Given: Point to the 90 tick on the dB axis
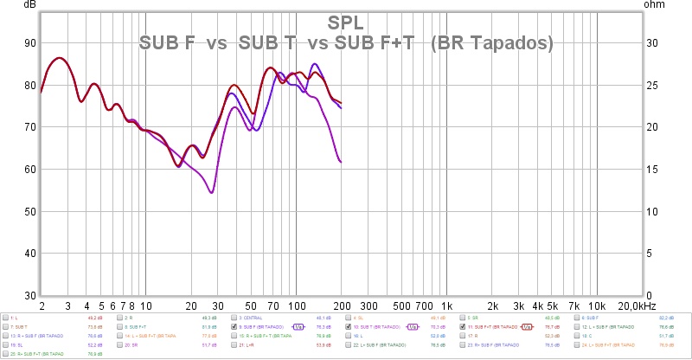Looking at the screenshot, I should tap(29, 43).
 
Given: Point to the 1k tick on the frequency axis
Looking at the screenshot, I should tap(447, 307).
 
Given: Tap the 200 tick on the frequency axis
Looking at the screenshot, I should tap(341, 307).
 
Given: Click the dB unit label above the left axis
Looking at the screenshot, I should tap(31, 4).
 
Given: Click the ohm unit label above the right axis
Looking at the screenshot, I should tap(655, 4).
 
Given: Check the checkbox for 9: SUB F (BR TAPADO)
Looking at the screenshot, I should tap(234, 327).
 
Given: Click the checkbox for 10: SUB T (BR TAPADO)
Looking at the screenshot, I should tap(349, 327).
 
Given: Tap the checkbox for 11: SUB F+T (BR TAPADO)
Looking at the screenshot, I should tap(463, 327).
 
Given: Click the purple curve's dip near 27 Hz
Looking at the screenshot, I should tap(211, 192).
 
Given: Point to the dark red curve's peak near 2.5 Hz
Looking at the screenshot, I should tap(58, 58).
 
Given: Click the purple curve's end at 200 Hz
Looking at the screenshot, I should tap(342, 162).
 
